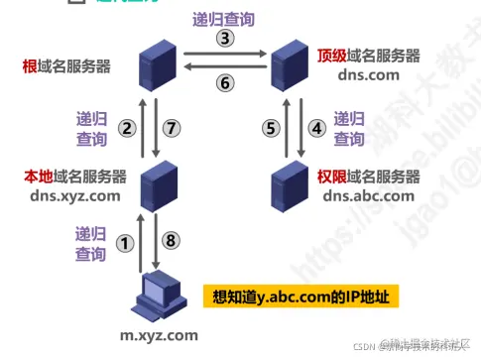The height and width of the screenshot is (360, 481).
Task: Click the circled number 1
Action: click(124, 242)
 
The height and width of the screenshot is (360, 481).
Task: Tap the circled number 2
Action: click(126, 127)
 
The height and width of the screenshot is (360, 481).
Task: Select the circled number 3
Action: click(225, 39)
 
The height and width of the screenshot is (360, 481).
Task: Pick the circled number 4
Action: click(317, 127)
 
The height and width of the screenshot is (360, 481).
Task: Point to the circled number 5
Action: click(268, 127)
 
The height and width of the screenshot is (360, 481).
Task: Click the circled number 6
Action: click(225, 83)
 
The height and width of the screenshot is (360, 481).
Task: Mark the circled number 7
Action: click(173, 127)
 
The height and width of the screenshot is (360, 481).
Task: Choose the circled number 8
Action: click(172, 242)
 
